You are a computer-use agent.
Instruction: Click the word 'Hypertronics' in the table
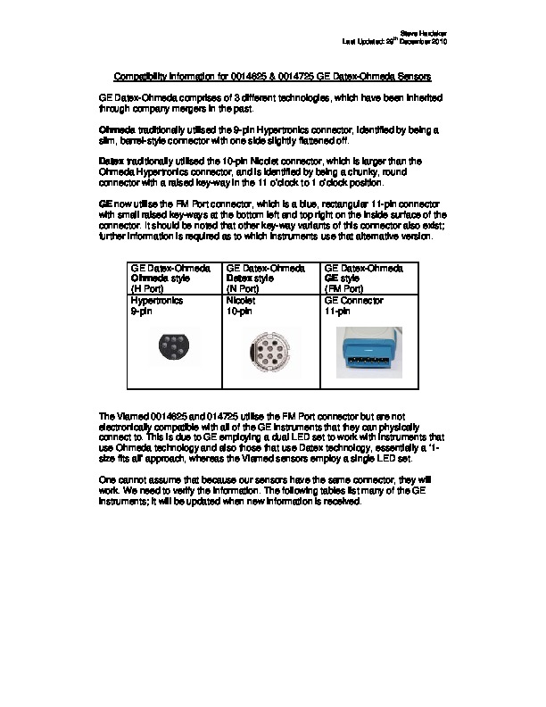pos(157,302)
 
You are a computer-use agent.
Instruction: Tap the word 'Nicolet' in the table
pos(242,302)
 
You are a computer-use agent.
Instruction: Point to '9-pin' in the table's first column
pos(142,312)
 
